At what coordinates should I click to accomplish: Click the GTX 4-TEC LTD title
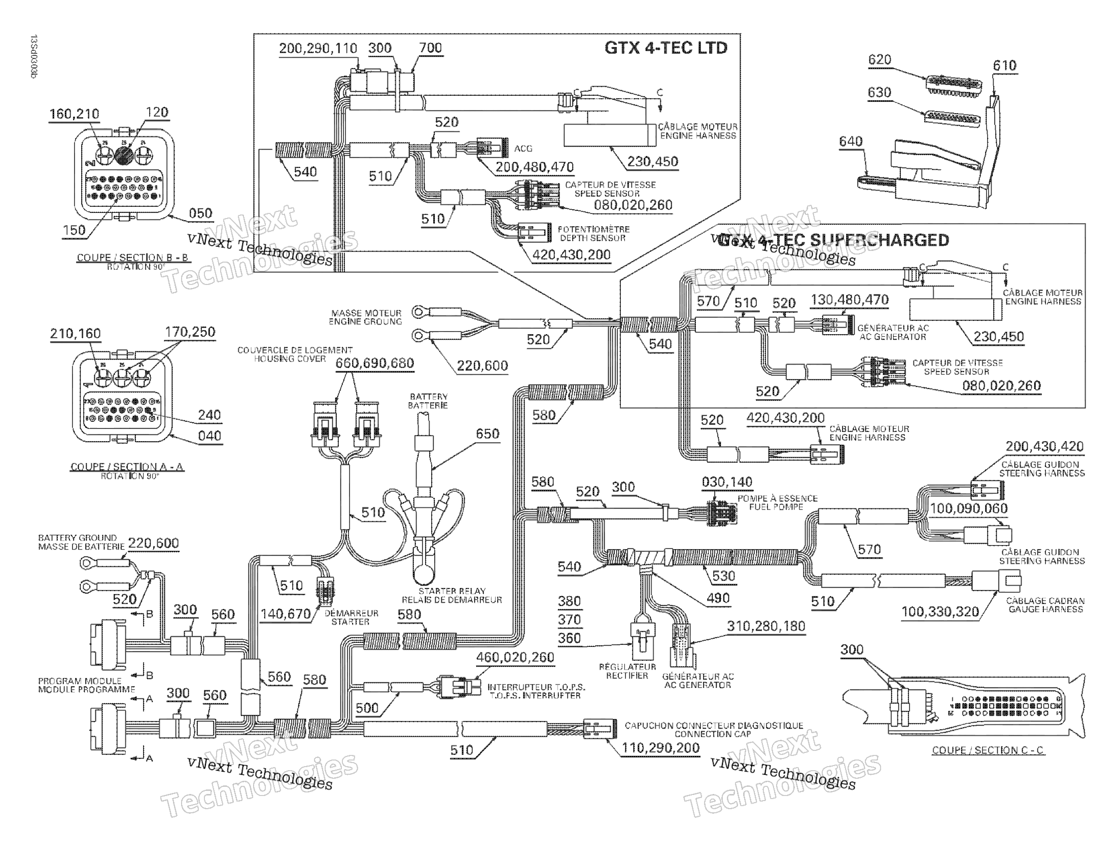point(666,48)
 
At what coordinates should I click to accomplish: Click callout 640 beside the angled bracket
point(851,141)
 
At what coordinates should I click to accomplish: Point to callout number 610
point(1004,65)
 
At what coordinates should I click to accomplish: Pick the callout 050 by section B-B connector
point(200,213)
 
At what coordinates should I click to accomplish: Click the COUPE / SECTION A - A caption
point(127,466)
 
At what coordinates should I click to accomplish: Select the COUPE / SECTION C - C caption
point(987,750)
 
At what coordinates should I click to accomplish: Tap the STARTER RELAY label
point(451,591)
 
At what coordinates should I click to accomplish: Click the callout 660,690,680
point(374,363)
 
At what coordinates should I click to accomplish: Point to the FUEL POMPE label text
point(776,507)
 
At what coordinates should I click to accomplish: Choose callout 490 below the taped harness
point(717,598)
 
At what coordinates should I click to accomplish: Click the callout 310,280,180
point(765,626)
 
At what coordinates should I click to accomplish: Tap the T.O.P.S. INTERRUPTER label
point(535,696)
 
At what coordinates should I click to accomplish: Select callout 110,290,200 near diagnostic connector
point(660,748)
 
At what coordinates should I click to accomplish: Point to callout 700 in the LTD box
point(430,48)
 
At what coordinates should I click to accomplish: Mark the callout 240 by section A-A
point(209,415)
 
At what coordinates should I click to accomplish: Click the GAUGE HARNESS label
point(1045,609)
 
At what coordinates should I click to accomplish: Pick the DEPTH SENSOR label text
point(592,238)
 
